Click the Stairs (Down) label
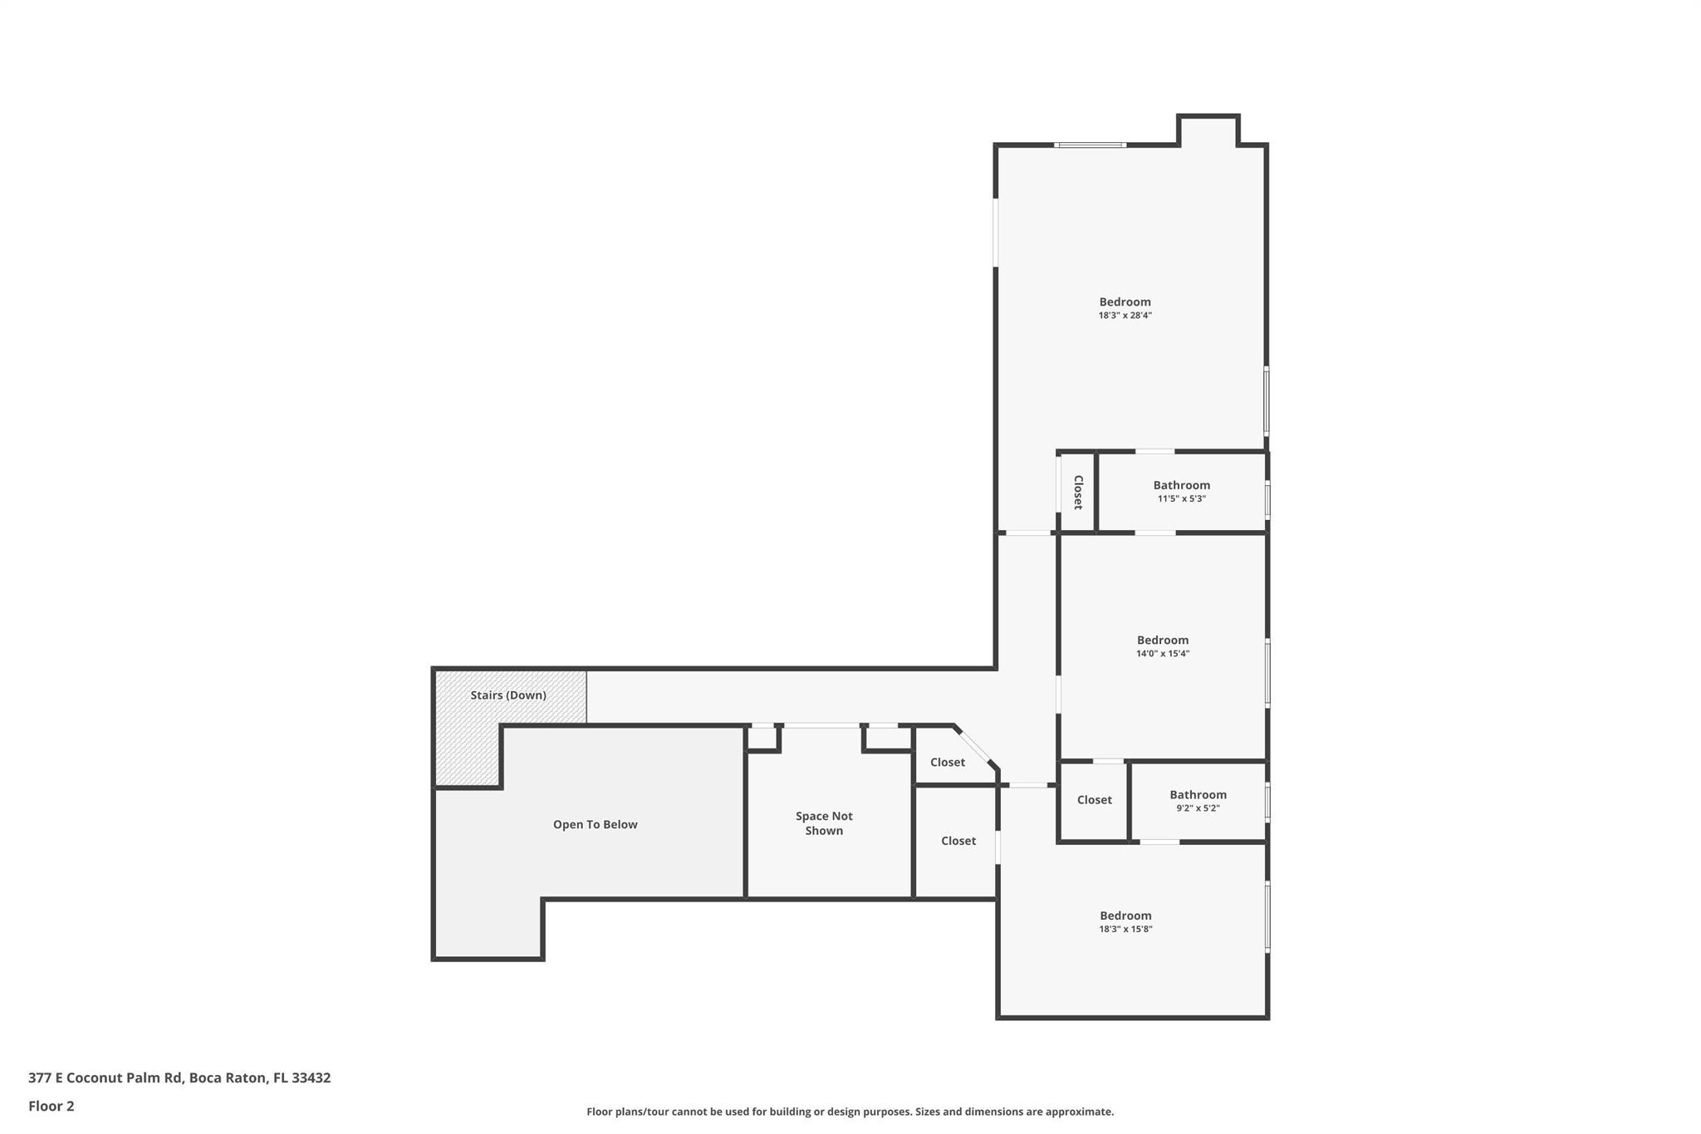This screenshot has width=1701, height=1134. point(508,695)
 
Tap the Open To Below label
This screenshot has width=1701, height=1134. point(595,825)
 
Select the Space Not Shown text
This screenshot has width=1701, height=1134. point(824,823)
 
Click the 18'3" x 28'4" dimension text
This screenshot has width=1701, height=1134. point(1125,316)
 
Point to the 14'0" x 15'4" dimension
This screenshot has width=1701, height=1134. point(1162,654)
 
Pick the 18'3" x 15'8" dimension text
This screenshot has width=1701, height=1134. point(1125,930)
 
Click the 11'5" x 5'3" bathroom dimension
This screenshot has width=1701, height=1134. point(1181,499)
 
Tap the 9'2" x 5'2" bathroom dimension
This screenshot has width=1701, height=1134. point(1198,808)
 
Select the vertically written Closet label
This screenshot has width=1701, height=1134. point(1077,493)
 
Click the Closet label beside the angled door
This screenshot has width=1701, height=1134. point(947,763)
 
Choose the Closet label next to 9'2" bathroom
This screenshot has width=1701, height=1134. point(1094,800)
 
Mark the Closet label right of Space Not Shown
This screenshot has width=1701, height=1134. point(958,841)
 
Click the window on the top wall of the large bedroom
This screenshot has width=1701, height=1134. point(1090,145)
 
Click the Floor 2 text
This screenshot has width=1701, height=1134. point(51,1106)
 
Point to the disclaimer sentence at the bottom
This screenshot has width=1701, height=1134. point(850,1112)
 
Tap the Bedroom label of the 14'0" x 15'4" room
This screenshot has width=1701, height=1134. point(1162,641)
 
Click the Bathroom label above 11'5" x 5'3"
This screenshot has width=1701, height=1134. point(1181,485)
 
